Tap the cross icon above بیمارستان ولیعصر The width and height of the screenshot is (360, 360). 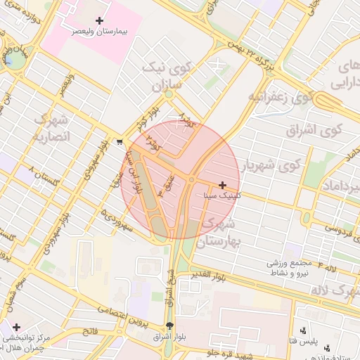click(99, 21)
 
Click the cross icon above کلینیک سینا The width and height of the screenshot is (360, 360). click(223, 186)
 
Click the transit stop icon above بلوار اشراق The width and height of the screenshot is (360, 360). click(169, 326)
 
